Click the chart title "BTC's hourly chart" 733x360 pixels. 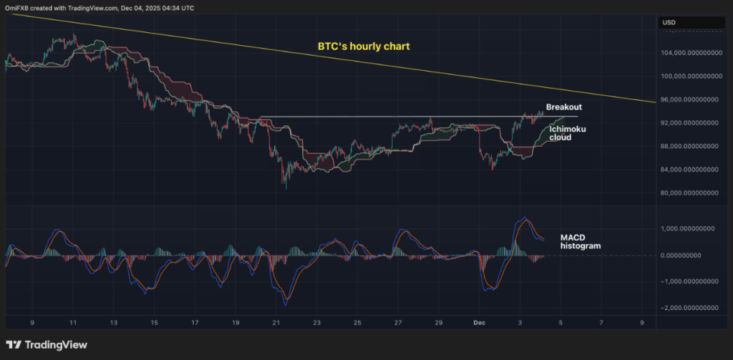pos(364,47)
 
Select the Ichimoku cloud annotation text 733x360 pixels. pos(565,132)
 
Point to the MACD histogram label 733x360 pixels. pos(580,241)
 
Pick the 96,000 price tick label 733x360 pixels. pos(689,99)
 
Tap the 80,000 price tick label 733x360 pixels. pos(689,193)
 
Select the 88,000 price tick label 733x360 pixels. pos(689,146)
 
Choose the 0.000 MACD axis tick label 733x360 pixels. pos(689,256)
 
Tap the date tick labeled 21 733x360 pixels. pos(276,323)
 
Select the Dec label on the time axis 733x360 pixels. pos(481,323)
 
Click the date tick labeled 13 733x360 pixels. pos(113,323)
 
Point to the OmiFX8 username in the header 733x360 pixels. pos(21,7)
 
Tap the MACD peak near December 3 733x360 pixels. pos(524,218)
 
